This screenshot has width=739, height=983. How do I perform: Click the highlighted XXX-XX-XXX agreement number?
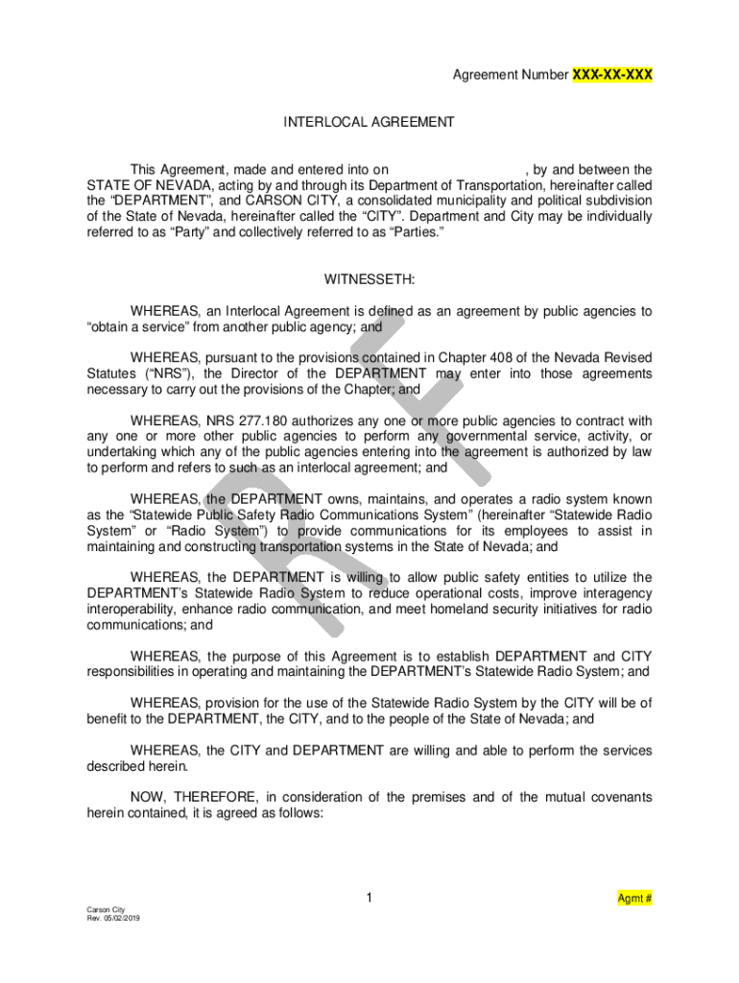(x=612, y=75)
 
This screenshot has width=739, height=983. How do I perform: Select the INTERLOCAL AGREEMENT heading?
(x=369, y=122)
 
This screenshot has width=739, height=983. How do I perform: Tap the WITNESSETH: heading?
(x=369, y=279)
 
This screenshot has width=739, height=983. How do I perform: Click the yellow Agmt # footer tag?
(x=635, y=899)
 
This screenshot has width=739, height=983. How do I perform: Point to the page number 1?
(x=369, y=899)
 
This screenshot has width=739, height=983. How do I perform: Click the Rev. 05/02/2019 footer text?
(x=112, y=918)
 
